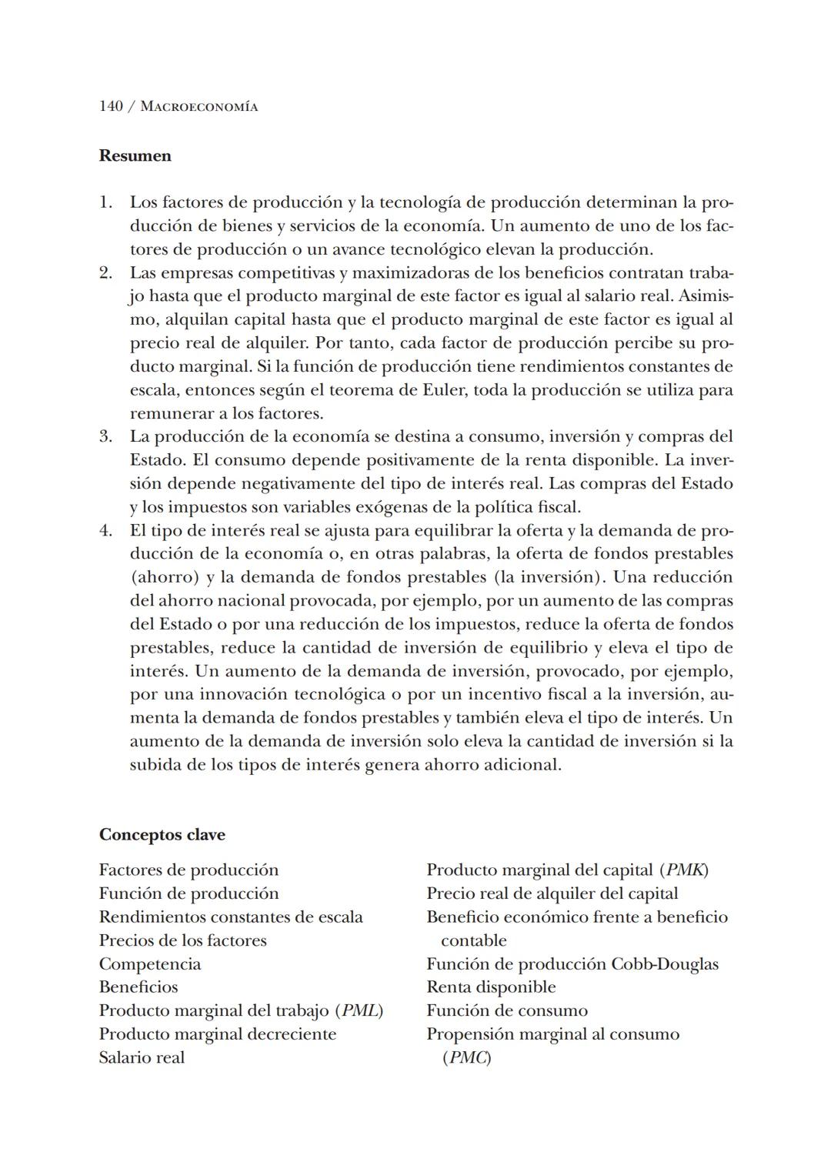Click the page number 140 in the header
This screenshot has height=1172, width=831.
click(x=111, y=106)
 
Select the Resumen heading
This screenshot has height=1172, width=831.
click(x=135, y=155)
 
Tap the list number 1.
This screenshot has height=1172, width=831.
click(x=105, y=202)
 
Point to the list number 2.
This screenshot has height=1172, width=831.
click(x=105, y=272)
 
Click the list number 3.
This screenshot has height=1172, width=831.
click(x=105, y=436)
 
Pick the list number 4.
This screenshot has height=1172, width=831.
click(x=105, y=530)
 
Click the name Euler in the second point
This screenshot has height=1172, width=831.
click(x=445, y=389)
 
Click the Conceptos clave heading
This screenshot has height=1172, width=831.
click(x=162, y=835)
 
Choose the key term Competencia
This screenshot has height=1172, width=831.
click(x=149, y=964)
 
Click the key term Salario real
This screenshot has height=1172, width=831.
click(x=142, y=1057)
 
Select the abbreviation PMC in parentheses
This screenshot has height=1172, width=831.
click(x=467, y=1057)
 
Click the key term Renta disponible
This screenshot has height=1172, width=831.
click(x=491, y=987)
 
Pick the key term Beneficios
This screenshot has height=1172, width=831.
click(x=138, y=987)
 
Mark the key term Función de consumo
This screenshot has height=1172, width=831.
click(x=507, y=1010)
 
